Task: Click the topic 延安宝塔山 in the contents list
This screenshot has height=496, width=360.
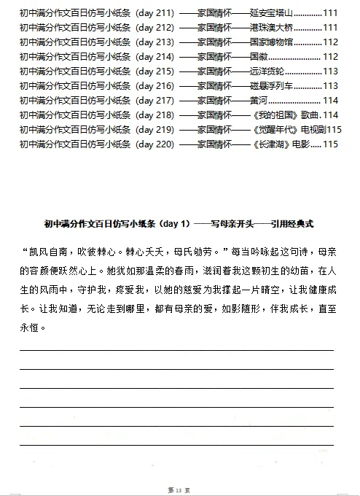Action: tap(270, 13)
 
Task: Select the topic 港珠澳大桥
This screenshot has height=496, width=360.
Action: tap(270, 28)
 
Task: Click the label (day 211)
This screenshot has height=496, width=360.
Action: tap(154, 13)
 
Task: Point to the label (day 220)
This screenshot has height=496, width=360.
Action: tap(154, 144)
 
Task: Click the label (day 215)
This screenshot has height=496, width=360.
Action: tap(154, 71)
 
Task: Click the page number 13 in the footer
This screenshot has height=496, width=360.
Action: tap(179, 487)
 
